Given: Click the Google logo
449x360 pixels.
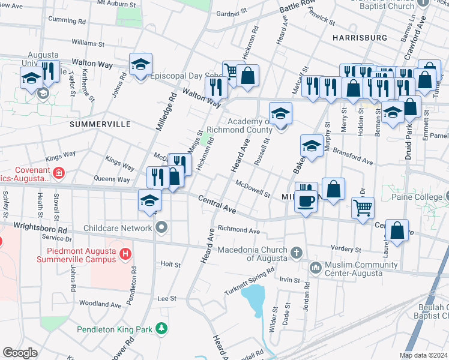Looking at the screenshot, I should (x=20, y=353).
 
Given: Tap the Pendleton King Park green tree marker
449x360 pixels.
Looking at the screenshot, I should (x=161, y=328).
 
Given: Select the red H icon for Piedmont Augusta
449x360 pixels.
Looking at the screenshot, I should (x=125, y=254).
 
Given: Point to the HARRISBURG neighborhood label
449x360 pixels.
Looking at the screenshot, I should (x=359, y=37).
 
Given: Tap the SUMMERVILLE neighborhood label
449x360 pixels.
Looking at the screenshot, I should (x=100, y=124).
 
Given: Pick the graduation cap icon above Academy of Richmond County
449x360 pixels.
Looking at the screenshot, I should (x=280, y=113).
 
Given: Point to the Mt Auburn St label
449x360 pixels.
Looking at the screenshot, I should (x=117, y=3).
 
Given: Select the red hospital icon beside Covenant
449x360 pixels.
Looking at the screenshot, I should (x=58, y=174).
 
